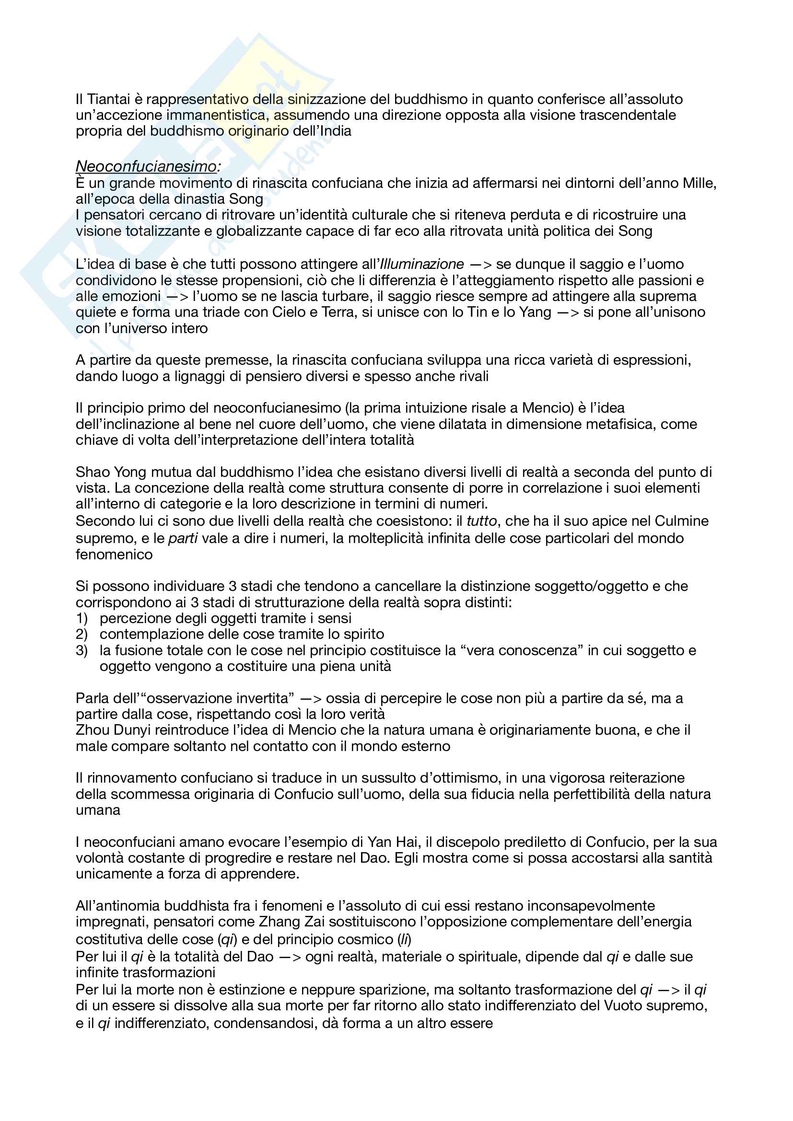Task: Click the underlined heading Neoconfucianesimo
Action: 146,166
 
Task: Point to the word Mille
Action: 699,183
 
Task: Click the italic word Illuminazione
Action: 422,264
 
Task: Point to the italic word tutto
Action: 481,521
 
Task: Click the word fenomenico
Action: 114,555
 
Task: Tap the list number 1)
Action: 82,619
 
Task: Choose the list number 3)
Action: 82,650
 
